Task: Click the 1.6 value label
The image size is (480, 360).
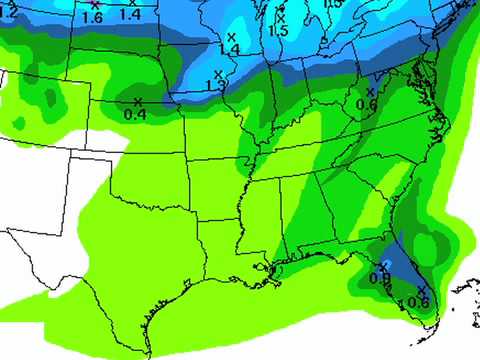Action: coord(94,17)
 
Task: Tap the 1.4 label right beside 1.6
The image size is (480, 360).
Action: coord(130,14)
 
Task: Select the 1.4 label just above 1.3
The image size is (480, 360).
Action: coord(231,49)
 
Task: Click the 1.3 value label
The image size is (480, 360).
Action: coord(215,86)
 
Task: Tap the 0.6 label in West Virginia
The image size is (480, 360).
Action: coord(366,103)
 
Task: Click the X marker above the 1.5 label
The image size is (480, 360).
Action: coord(280,17)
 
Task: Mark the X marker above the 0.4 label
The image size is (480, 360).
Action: coord(138,101)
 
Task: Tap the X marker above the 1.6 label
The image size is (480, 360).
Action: coord(95,5)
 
